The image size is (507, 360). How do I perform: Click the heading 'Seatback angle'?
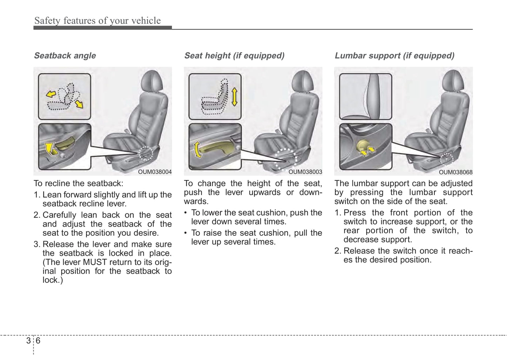pos(65,55)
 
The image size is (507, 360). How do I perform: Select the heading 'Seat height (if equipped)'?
pos(234,55)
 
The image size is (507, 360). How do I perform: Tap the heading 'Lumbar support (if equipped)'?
pos(394,55)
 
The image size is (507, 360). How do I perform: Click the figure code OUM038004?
pos(155,172)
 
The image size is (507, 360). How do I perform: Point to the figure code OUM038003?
pos(305,172)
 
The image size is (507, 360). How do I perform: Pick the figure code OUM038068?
pos(455,172)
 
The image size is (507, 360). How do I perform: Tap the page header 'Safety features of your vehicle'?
pos(98,21)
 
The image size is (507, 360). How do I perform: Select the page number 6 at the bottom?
pos(38,341)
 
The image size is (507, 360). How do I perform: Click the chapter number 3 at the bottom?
pos(28,341)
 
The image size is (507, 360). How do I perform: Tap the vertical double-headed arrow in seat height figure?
pos(234,97)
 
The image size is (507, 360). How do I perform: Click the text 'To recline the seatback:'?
pos(78,183)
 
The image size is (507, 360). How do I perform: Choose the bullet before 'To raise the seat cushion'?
pos(186,233)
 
